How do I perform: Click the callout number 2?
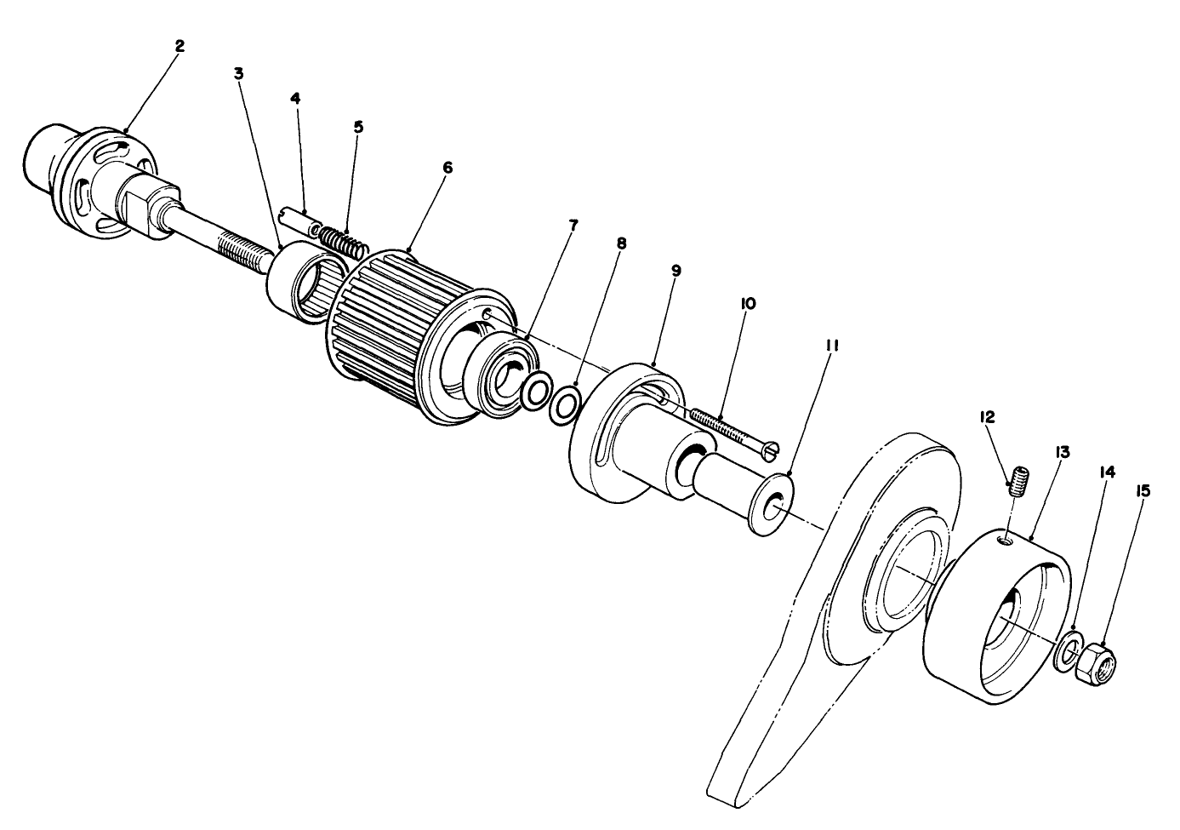[179, 46]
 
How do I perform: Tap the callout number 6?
[447, 168]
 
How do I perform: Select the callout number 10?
[749, 303]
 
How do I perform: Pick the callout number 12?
[987, 416]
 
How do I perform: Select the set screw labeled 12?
[1018, 481]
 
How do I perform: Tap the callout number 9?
[676, 271]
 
